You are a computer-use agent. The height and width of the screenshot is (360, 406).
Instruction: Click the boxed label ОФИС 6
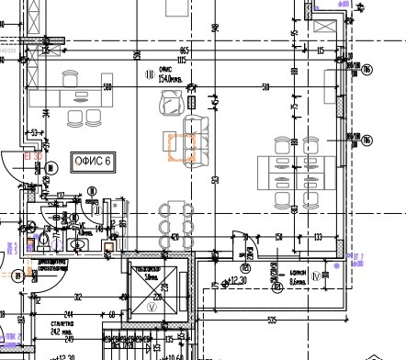pyautogui.click(x=92, y=162)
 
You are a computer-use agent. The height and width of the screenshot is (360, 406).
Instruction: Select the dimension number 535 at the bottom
pyautogui.click(x=272, y=320)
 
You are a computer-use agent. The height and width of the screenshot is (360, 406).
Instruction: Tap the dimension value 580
pyautogui.click(x=107, y=87)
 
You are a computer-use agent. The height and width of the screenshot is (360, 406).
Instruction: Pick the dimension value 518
pyautogui.click(x=265, y=87)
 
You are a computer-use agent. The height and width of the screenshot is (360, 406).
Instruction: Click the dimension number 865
pyautogui.click(x=184, y=51)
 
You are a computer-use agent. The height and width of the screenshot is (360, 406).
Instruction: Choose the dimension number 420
pyautogui.click(x=174, y=237)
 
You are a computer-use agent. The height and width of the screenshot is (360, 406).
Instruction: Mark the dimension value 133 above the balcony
pyautogui.click(x=318, y=237)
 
